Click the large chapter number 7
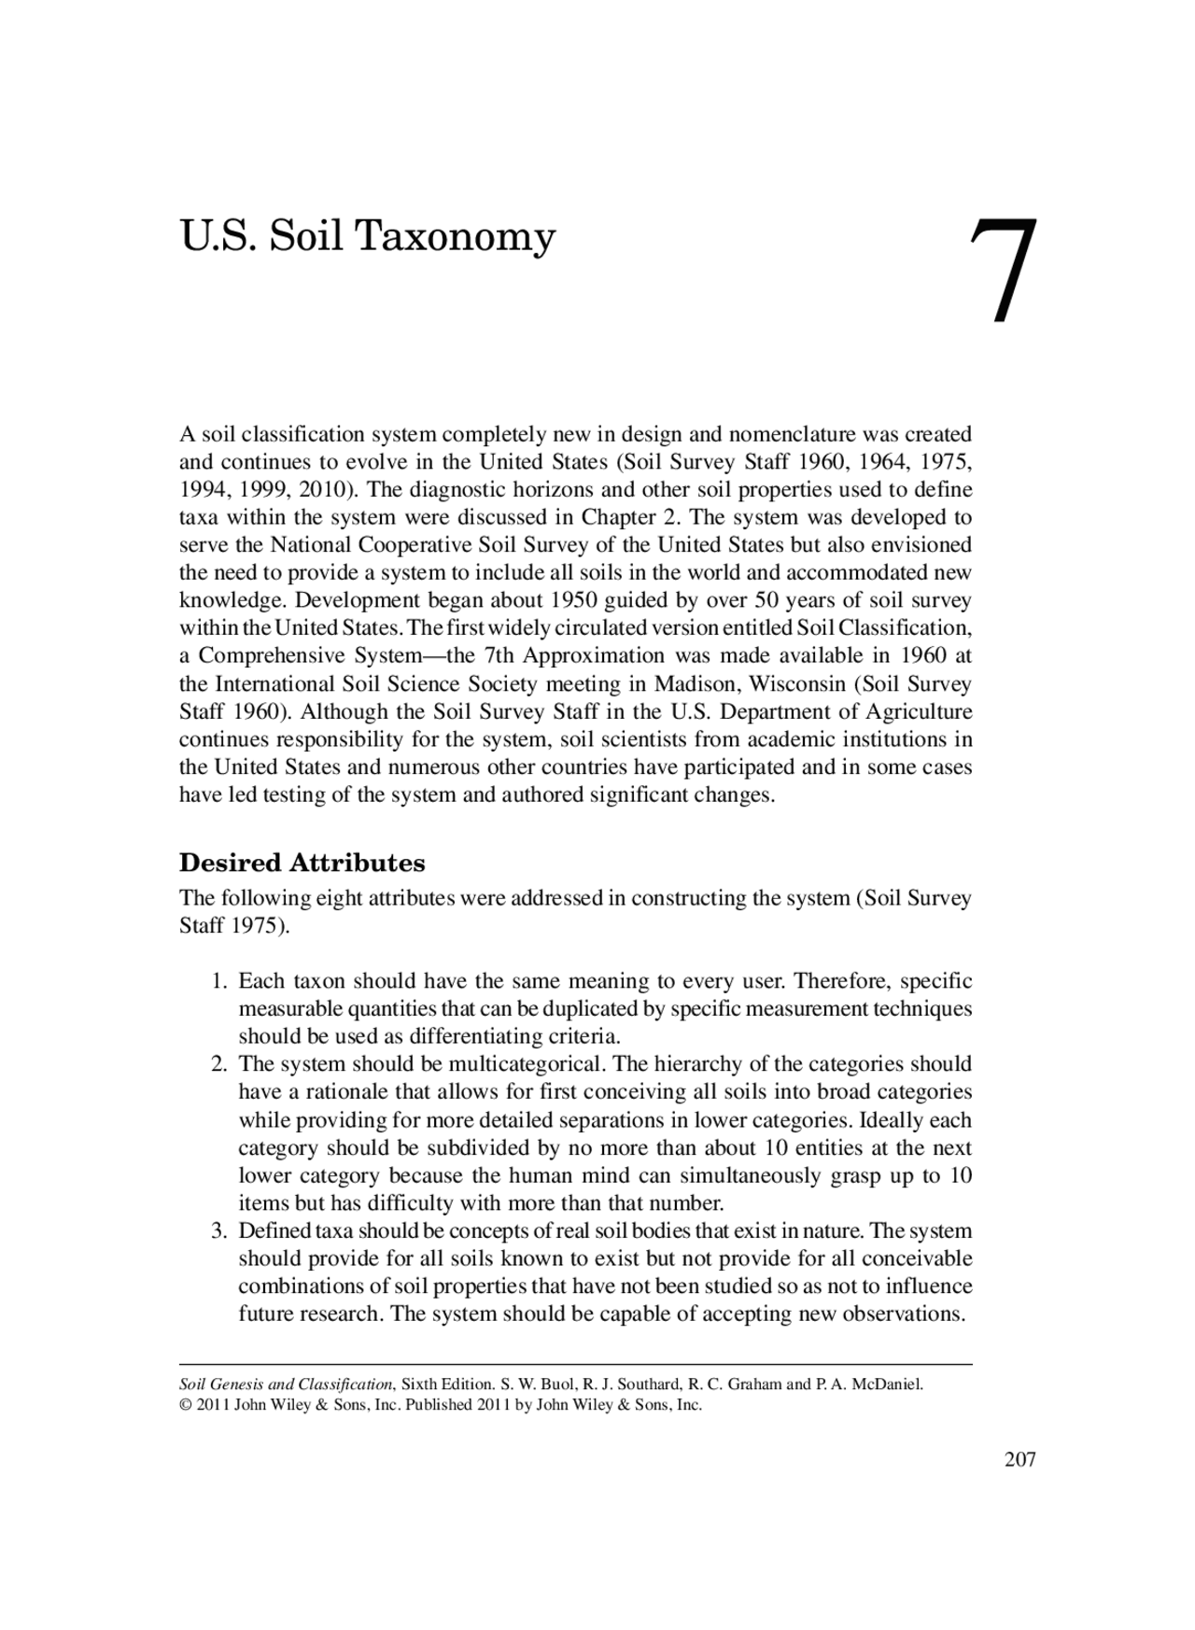pos(1004,270)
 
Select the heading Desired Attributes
pos(302,862)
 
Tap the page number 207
pos(1019,1460)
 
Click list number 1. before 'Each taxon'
pos(219,981)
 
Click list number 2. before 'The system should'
pos(219,1064)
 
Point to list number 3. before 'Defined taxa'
pos(219,1230)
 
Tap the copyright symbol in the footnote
pos(185,1405)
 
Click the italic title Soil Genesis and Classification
pos(286,1384)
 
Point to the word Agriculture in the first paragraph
pos(919,711)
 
